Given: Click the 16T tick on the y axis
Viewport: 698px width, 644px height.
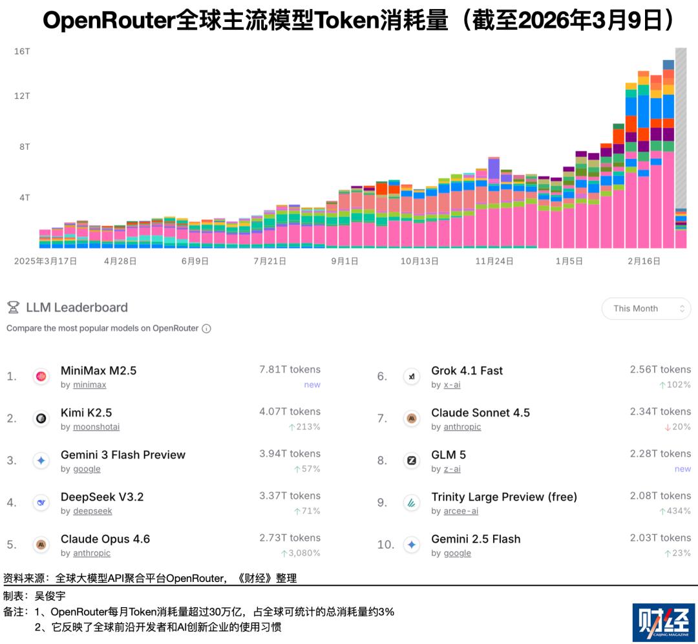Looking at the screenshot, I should tap(22, 51).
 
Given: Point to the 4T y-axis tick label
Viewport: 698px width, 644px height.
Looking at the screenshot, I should tap(25, 198).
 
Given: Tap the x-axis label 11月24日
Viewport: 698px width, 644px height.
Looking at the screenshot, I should tap(494, 262).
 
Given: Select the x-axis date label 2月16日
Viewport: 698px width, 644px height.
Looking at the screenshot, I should tap(644, 262).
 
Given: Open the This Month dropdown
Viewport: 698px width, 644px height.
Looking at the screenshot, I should tap(646, 309).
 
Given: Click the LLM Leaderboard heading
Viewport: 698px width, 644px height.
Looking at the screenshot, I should tap(76, 307).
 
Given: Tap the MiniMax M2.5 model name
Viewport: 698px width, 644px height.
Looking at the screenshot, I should tap(98, 371).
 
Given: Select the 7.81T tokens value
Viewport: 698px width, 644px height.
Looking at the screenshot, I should tap(290, 369).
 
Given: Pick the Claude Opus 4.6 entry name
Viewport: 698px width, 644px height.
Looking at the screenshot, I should tap(105, 539).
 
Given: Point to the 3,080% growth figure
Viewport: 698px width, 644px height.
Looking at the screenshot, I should tap(301, 554).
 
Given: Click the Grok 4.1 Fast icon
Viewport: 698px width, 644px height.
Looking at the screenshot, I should tap(412, 377).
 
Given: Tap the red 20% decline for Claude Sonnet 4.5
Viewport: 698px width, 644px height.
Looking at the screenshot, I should tap(677, 427).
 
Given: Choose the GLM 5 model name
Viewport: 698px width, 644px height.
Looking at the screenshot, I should tap(449, 455).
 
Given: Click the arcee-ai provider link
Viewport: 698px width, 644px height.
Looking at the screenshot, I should tap(460, 511).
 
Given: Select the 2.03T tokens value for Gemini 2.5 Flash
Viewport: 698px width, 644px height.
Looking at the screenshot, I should tap(661, 538).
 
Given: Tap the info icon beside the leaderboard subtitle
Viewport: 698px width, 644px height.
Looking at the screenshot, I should tap(206, 328).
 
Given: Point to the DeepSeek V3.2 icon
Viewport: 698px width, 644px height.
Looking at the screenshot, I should tap(41, 503).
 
